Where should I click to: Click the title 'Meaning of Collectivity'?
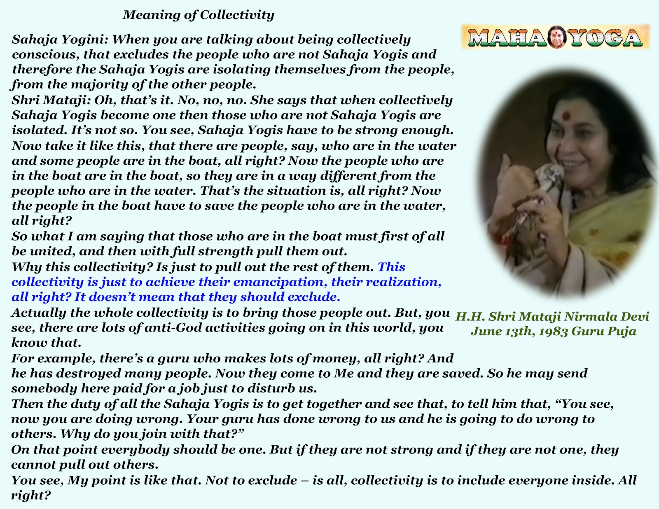pyautogui.click(x=199, y=15)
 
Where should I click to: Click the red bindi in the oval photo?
pyautogui.click(x=566, y=115)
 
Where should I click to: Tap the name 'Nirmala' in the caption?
pyautogui.click(x=588, y=317)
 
